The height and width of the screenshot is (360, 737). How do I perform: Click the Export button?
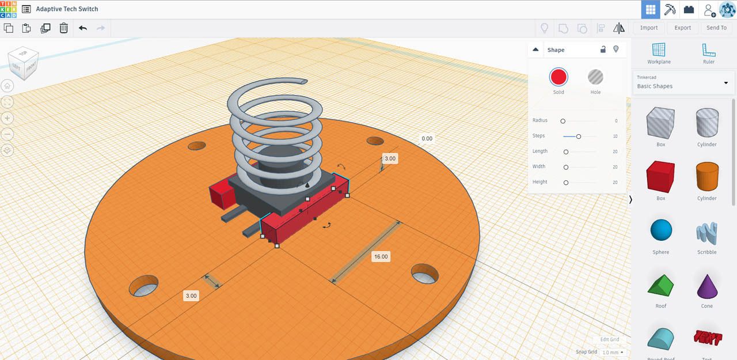(x=682, y=28)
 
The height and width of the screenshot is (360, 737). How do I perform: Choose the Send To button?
(x=716, y=28)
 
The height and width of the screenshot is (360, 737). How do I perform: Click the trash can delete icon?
(x=64, y=28)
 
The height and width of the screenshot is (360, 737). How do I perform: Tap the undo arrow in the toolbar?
(x=83, y=28)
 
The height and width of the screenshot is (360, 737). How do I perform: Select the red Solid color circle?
(x=559, y=77)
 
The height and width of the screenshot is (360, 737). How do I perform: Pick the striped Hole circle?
(x=595, y=77)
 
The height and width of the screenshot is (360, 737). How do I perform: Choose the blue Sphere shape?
(x=661, y=230)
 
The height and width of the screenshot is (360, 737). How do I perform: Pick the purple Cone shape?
(x=707, y=285)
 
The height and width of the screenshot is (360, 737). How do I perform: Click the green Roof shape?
(x=660, y=285)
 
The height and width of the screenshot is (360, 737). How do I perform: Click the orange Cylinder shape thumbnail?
(x=707, y=176)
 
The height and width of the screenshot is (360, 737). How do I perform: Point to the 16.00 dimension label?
(x=381, y=256)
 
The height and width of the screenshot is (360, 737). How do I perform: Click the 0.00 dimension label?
(x=427, y=139)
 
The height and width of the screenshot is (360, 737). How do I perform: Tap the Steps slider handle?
(x=578, y=137)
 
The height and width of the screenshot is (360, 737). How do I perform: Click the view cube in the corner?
(x=23, y=62)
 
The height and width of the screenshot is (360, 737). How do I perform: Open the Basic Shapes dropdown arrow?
(x=725, y=83)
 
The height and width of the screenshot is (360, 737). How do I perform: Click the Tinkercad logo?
(x=9, y=9)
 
